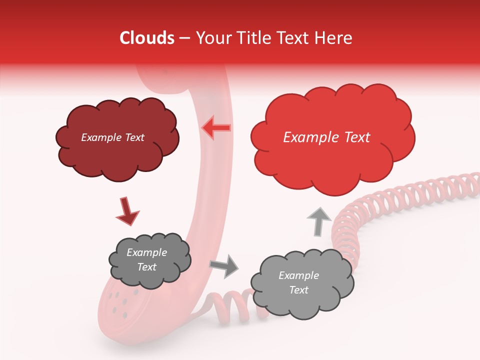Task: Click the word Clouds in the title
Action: point(146,38)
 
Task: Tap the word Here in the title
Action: point(334,38)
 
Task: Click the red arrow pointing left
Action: point(216,128)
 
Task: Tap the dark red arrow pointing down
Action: point(127,211)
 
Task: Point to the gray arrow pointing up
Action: point(319,221)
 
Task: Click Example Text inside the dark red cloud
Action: point(112,137)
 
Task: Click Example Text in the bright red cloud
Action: point(326,137)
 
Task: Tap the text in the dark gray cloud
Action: point(147,259)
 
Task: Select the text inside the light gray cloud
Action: point(298,282)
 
